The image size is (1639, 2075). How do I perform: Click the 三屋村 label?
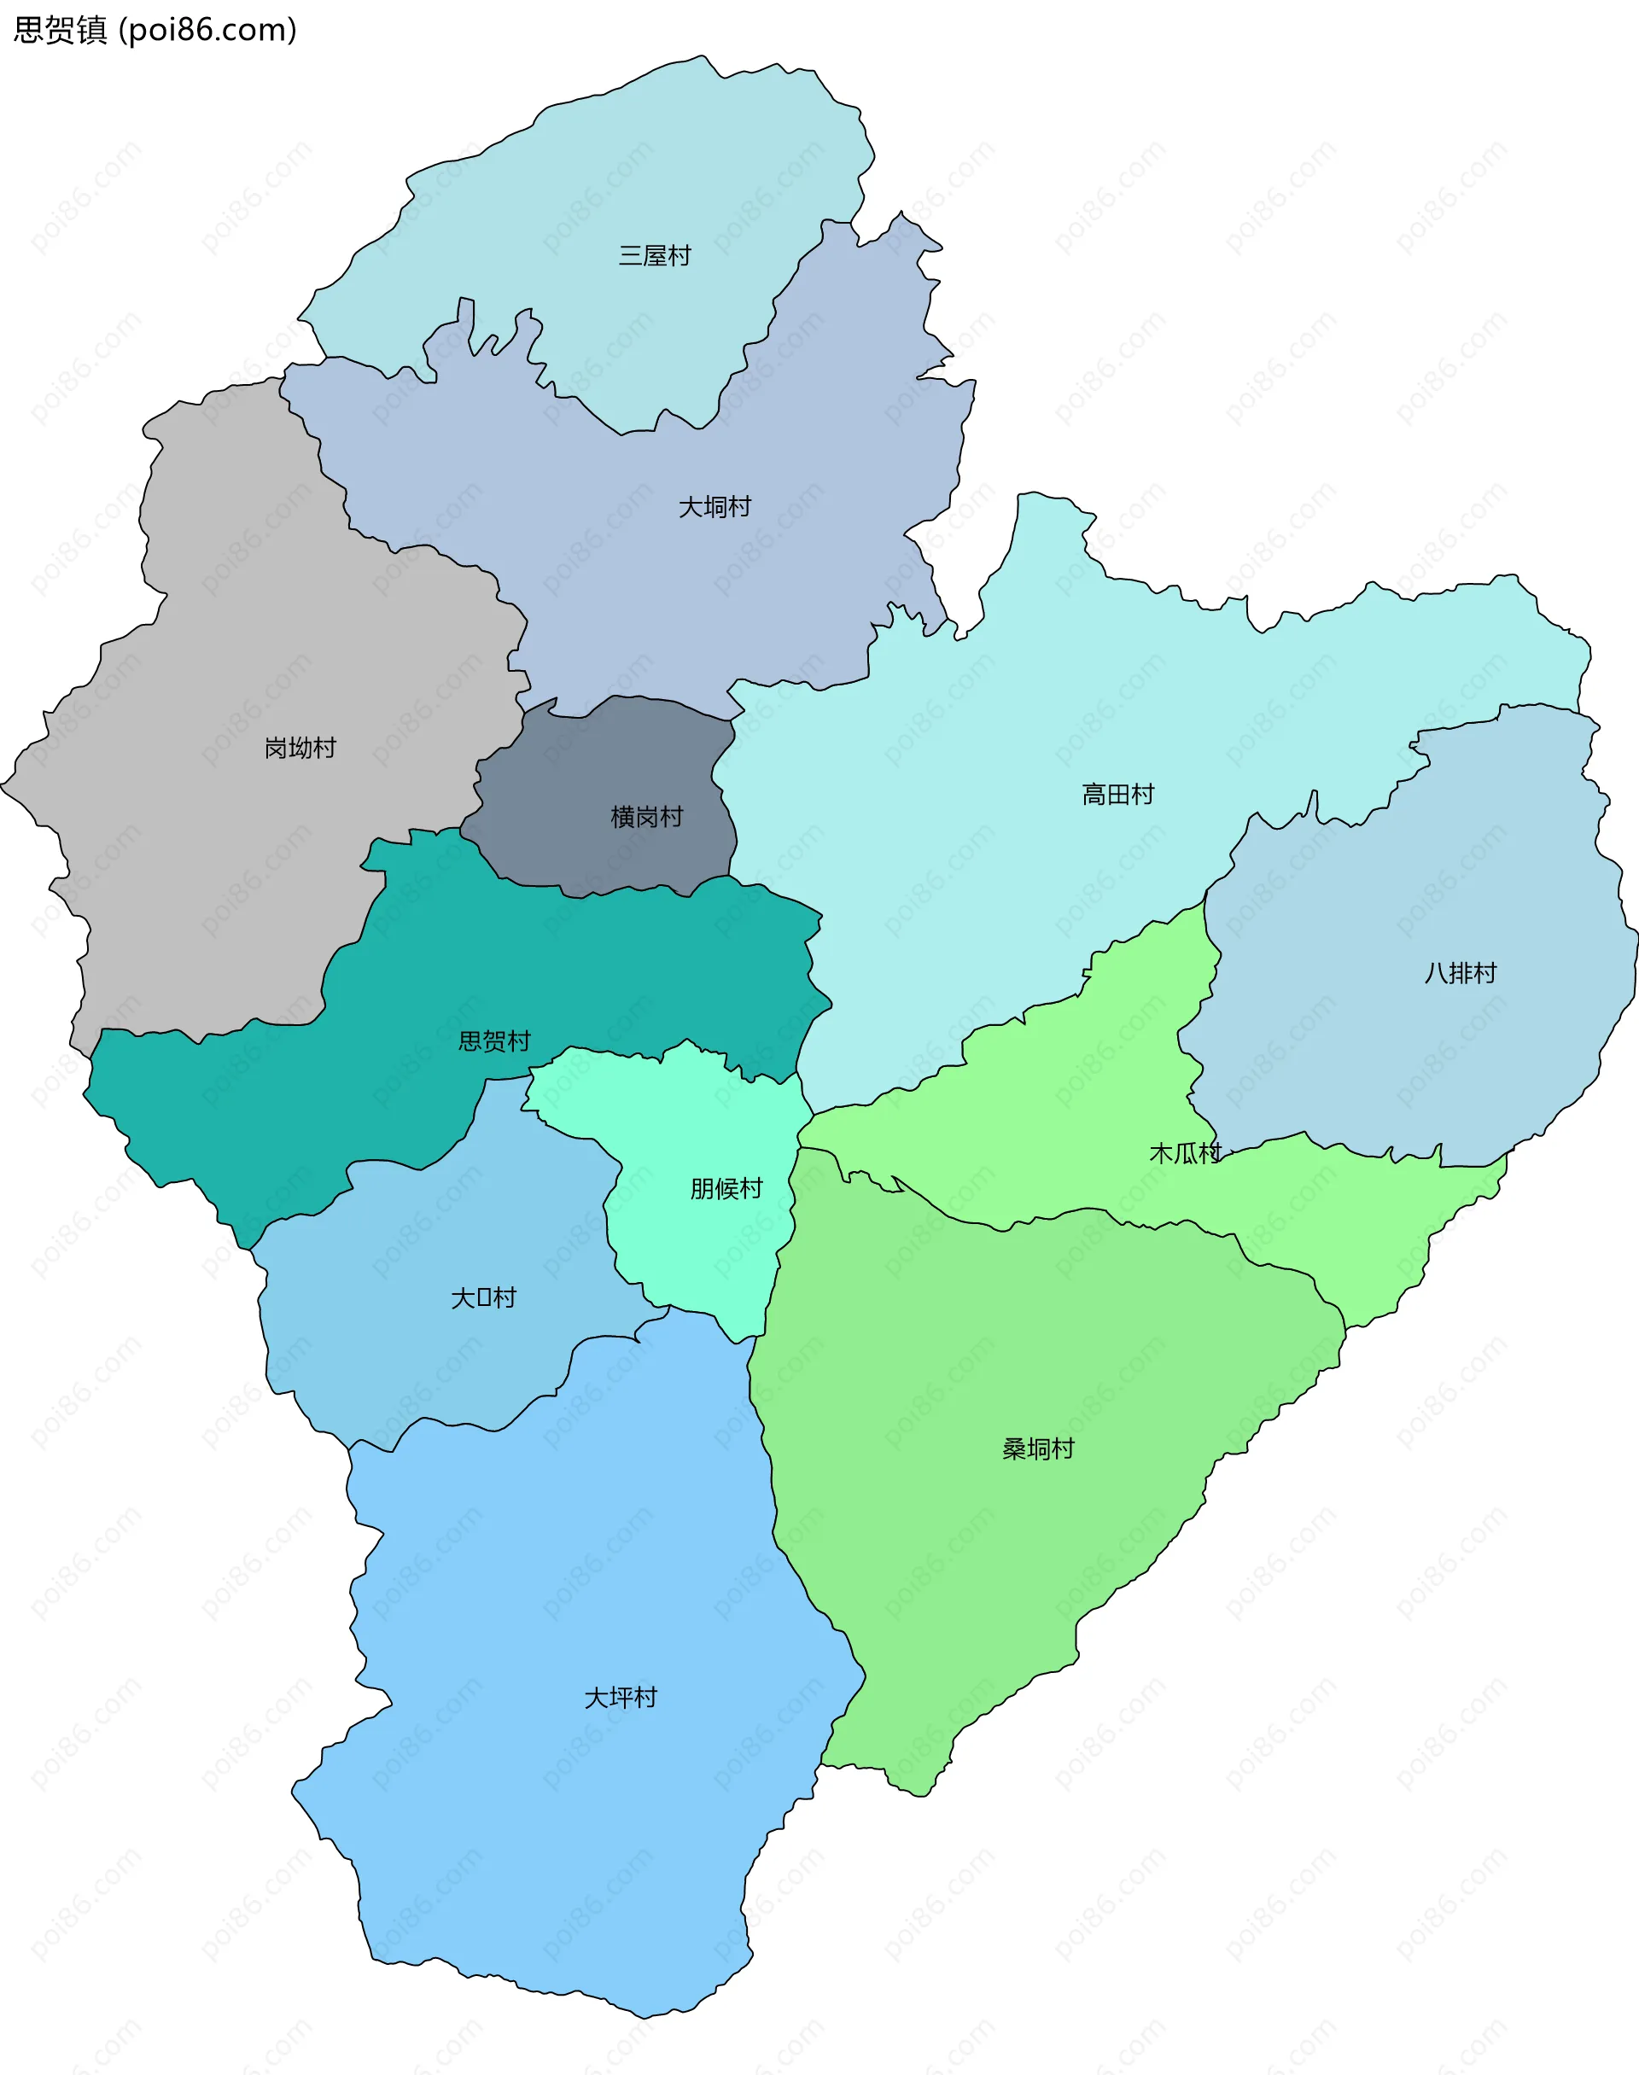(655, 256)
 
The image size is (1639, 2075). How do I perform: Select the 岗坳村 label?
(300, 748)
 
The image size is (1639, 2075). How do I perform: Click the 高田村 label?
(1118, 795)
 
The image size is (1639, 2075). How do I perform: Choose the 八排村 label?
(1460, 973)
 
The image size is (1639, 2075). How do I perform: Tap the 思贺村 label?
(494, 1040)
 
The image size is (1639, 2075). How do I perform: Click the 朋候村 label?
(726, 1189)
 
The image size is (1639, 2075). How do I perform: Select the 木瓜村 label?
(1185, 1153)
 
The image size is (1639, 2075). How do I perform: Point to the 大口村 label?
(484, 1298)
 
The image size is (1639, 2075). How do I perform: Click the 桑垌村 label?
(1038, 1448)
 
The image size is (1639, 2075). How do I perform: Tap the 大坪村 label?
(621, 1697)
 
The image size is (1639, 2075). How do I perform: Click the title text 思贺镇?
(60, 30)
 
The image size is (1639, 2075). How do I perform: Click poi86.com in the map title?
(207, 30)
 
